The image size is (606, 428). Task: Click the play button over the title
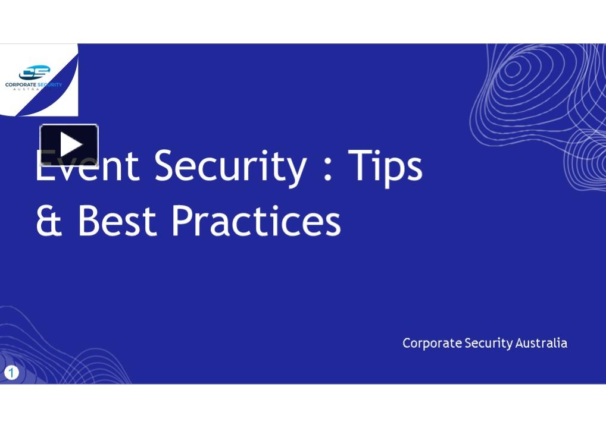pos(69,144)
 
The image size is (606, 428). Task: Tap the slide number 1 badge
pos(11,373)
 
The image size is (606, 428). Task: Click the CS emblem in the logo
pos(34,73)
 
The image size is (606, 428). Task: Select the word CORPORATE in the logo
pos(21,85)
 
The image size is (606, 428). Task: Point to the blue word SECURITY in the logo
pos(49,85)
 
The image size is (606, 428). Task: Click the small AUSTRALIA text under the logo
pos(33,90)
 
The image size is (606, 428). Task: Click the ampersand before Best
pos(49,221)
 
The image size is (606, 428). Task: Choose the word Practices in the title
pos(256,221)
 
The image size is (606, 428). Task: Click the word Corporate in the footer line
pos(432,343)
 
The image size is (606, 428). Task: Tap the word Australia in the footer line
pos(541,343)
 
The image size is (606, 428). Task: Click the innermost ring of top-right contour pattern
pos(513,70)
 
